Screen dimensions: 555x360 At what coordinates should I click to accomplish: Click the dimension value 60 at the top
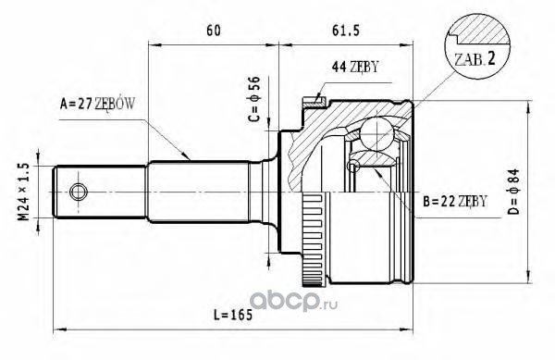[x=214, y=31]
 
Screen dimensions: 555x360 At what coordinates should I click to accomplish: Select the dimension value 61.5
[x=346, y=31]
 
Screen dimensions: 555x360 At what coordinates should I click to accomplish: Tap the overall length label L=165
[x=233, y=315]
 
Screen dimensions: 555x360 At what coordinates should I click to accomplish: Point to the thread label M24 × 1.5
[x=24, y=192]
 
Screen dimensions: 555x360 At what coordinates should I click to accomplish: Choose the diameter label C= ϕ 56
[x=254, y=99]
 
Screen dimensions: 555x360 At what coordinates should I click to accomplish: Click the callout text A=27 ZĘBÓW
[x=97, y=104]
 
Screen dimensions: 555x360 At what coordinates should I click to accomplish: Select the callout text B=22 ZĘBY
[x=455, y=201]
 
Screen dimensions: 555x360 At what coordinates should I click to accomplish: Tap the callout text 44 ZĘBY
[x=355, y=67]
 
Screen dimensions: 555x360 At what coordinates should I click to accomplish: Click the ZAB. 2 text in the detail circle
[x=475, y=59]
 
